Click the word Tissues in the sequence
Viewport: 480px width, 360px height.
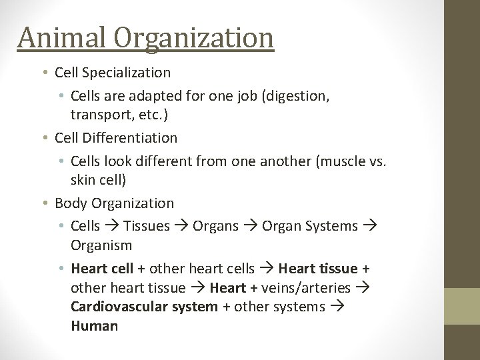coord(147,226)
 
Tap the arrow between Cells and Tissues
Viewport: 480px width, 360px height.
coord(112,226)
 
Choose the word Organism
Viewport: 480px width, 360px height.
coord(103,245)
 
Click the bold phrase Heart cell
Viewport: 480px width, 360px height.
coord(102,269)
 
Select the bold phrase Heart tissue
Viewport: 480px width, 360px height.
coord(318,269)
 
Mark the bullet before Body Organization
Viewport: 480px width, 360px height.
coord(47,203)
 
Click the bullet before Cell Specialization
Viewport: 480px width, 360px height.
coord(47,72)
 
